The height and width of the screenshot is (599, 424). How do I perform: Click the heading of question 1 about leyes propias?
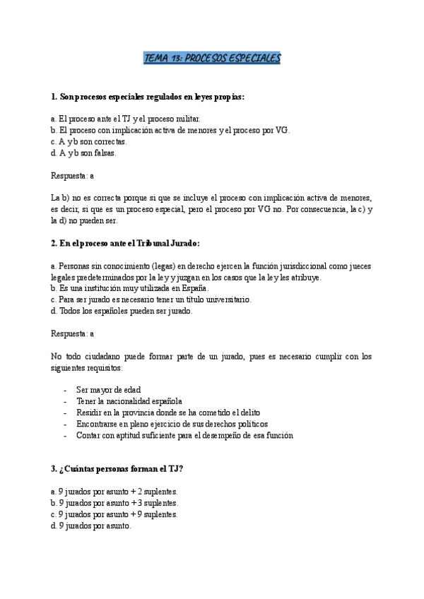148,96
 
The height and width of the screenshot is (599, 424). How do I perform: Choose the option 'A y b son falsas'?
83,153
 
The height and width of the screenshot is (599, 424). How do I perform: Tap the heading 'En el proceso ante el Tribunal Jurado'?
126,243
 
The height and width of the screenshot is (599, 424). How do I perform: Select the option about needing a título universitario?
146,299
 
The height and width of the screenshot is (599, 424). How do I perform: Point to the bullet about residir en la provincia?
167,413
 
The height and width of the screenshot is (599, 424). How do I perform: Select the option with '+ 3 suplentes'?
114,503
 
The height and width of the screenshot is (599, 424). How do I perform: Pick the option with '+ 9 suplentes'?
114,514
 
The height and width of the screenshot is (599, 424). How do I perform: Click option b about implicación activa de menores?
170,130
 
